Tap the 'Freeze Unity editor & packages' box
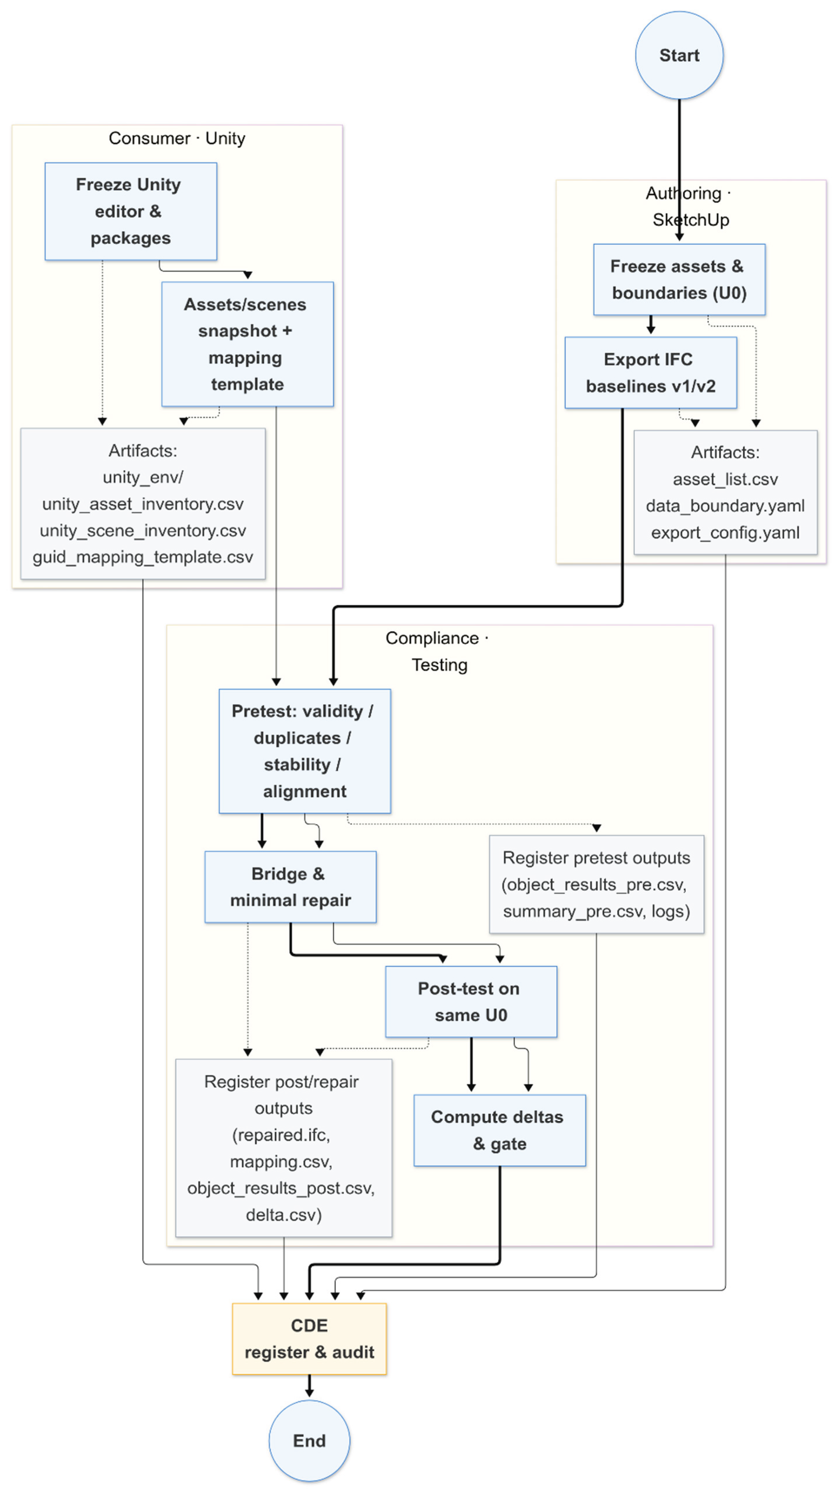pyautogui.click(x=130, y=211)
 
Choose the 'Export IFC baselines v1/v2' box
pyautogui.click(x=650, y=372)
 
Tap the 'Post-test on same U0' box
pyautogui.click(x=471, y=1002)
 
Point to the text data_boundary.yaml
pyautogui.click(x=725, y=506)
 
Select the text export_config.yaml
pyautogui.click(x=725, y=533)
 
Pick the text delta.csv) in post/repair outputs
pyautogui.click(x=283, y=1215)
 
